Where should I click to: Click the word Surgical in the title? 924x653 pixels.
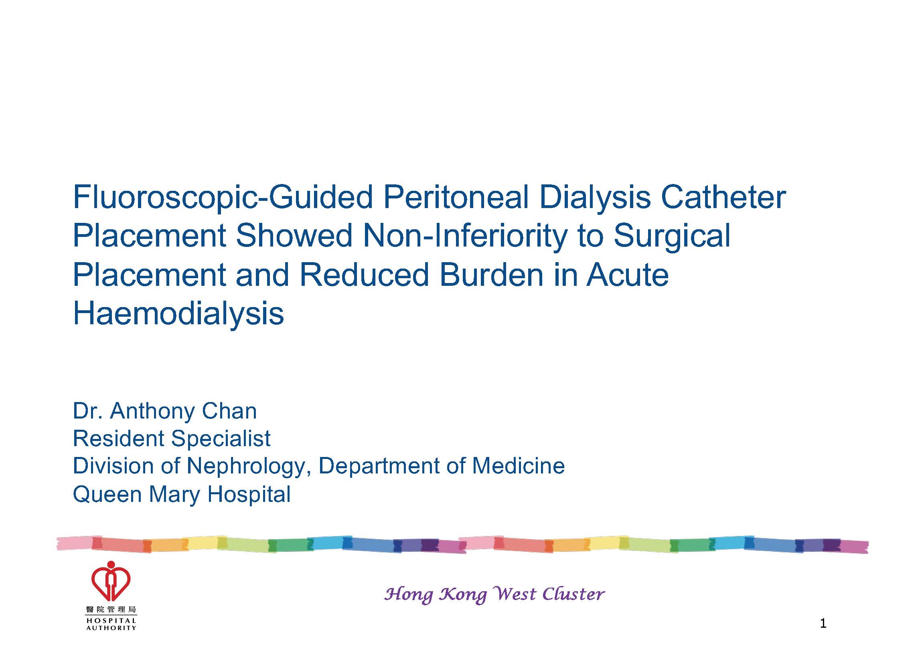click(x=672, y=237)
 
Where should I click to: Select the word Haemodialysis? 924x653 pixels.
click(x=179, y=315)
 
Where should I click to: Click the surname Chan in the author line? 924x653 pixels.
click(x=229, y=411)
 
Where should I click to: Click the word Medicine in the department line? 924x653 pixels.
click(x=518, y=466)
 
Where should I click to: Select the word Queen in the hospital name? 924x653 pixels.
click(x=107, y=494)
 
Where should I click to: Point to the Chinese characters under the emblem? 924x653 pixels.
click(x=111, y=610)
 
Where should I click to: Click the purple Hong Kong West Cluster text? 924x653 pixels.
click(x=494, y=594)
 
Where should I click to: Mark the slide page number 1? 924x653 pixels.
click(x=823, y=624)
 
